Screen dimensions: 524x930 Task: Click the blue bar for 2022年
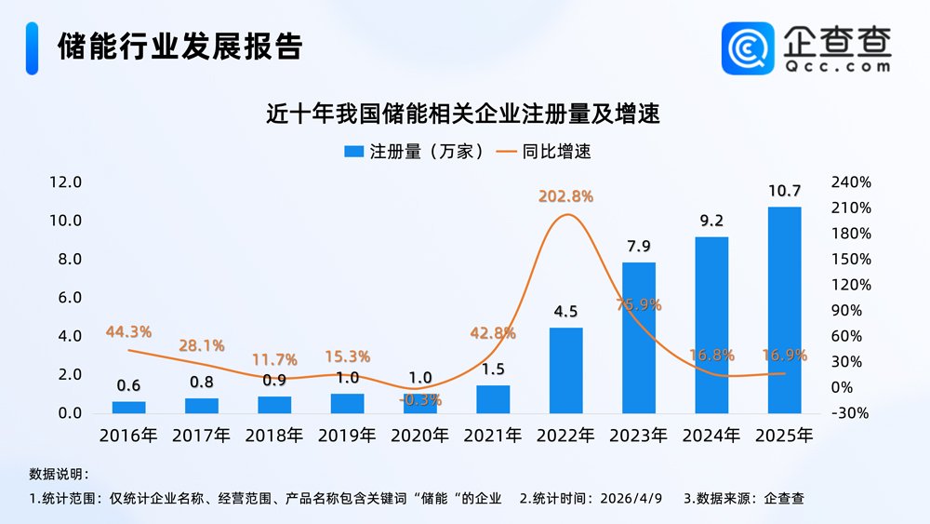[565, 370]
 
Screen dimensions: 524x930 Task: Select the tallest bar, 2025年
[784, 310]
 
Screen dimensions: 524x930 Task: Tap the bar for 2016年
[128, 407]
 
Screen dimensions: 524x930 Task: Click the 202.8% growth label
[565, 196]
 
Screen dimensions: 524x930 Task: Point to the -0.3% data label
[420, 399]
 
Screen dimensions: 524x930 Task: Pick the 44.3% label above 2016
[128, 331]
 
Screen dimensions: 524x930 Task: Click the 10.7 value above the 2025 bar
[784, 191]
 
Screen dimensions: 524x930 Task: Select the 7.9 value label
[638, 247]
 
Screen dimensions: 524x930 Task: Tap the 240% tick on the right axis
[852, 181]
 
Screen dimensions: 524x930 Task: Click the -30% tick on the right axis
[852, 412]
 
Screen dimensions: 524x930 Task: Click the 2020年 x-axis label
[419, 435]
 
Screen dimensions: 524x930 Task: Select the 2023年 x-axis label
[638, 435]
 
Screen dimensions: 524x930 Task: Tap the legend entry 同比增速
[545, 151]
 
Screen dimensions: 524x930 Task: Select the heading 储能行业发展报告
[179, 47]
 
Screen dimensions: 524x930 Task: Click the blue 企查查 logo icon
[748, 47]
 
